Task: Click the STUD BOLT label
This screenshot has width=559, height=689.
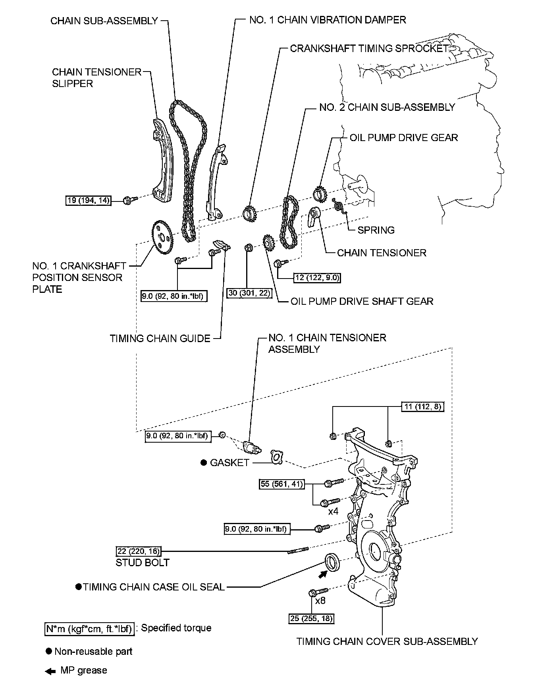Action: click(143, 563)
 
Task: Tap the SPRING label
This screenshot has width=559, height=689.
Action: click(376, 230)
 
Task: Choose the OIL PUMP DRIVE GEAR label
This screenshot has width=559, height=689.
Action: click(404, 138)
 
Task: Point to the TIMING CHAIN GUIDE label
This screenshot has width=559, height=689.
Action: click(160, 339)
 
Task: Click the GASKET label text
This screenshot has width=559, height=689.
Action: click(229, 463)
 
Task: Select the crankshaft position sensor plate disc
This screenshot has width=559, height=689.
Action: click(162, 237)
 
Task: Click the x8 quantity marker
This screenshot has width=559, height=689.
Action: click(320, 600)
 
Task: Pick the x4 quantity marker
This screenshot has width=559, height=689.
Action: click(333, 511)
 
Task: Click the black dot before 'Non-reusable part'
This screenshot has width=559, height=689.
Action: click(49, 651)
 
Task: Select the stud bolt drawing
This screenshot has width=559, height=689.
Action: click(298, 551)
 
